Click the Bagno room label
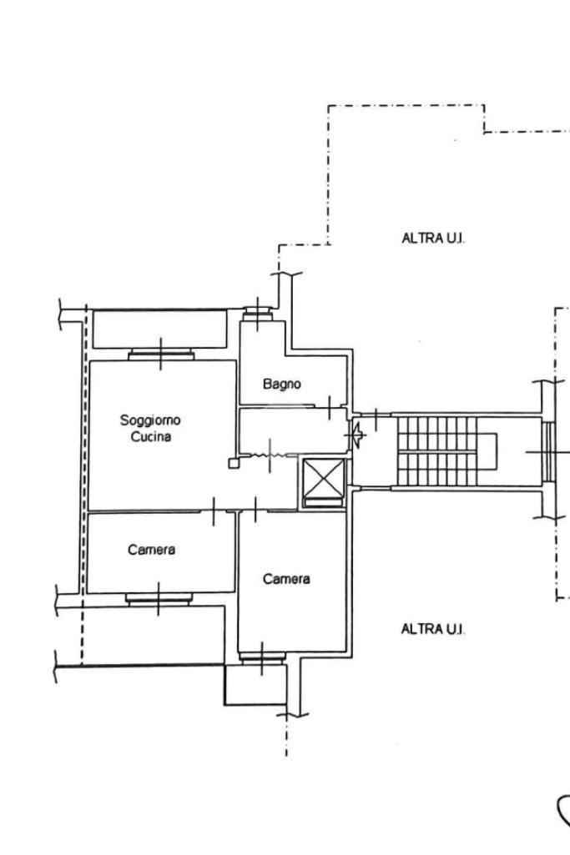(282, 384)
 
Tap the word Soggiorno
(150, 420)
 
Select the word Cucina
(151, 437)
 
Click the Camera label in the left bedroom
(152, 549)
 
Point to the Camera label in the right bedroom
(286, 579)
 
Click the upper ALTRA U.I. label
(434, 239)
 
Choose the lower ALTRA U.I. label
(433, 629)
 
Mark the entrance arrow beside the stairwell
(358, 435)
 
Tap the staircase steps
(437, 451)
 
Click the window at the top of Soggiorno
(161, 355)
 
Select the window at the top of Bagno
(257, 313)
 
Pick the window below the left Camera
(159, 599)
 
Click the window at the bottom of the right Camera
(262, 658)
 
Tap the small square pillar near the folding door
(234, 464)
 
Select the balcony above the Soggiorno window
(160, 329)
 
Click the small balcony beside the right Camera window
(255, 684)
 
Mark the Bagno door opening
(330, 407)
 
